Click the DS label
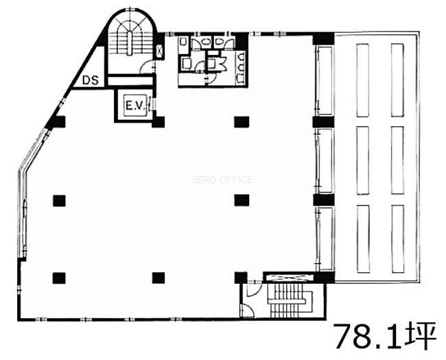pos(91,80)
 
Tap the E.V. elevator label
pos(135,106)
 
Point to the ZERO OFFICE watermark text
pos(222,180)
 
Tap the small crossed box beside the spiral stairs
pos(160,51)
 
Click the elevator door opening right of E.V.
pos(151,106)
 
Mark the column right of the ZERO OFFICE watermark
pos(242,200)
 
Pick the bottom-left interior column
pos(59,278)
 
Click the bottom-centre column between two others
pos(159,278)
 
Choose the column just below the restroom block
pos(242,122)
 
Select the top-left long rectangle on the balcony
pos(363,80)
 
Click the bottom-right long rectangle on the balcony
pos(398,239)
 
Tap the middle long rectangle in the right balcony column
pos(397,160)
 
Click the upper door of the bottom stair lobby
pos(254,288)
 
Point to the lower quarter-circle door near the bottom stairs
pos(247,310)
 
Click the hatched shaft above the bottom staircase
pos(288,278)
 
